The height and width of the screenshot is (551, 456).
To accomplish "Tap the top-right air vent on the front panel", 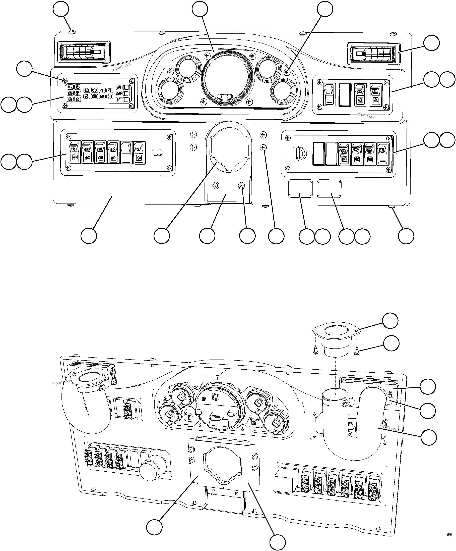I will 374,53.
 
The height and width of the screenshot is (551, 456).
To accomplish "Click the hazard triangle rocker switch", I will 375,94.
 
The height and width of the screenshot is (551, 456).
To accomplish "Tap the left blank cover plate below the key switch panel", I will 300,189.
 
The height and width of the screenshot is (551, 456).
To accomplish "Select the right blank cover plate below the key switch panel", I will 329,189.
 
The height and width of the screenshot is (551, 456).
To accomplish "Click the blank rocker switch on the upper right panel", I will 345,94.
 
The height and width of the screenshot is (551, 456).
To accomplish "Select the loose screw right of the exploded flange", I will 357,351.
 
